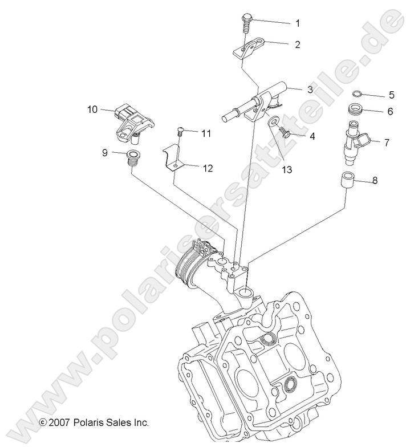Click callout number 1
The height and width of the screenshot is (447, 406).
point(297,23)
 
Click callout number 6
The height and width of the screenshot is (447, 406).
point(374,112)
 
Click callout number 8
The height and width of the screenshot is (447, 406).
point(375,181)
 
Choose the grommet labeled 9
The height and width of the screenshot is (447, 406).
point(133,156)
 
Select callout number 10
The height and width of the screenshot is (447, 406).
point(92,109)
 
